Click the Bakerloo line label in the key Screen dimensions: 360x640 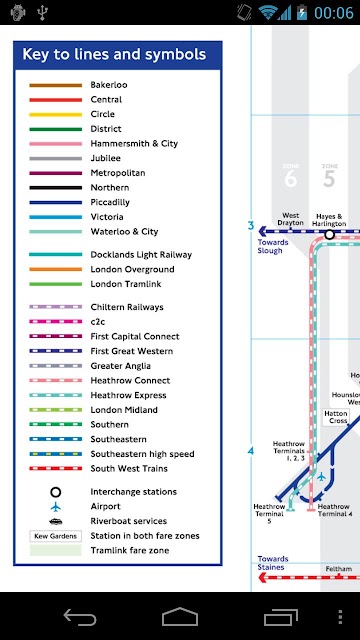pos(109,85)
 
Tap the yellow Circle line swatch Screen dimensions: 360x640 pos(56,115)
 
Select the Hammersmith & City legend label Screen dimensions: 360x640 pos(134,144)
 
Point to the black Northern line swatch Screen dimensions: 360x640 pos(56,188)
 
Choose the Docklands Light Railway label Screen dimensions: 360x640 pos(141,255)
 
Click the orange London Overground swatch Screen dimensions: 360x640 pos(56,269)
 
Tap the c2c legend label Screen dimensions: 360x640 pos(98,322)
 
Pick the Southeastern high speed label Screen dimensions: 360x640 pos(142,454)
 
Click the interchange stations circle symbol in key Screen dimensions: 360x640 pos(56,492)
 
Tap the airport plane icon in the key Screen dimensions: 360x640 pos(56,507)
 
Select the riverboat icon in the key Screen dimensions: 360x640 pos(56,521)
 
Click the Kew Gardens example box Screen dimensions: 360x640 pos(56,536)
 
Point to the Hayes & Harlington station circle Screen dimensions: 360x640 pos(329,234)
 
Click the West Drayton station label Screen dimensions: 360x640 pos(291,219)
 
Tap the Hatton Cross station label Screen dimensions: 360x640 pos(336,417)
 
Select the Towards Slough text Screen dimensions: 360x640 pos(273,247)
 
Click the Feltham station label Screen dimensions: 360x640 pos(339,569)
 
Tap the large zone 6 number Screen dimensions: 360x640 pos(291,179)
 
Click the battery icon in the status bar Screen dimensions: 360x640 pos(302,12)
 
